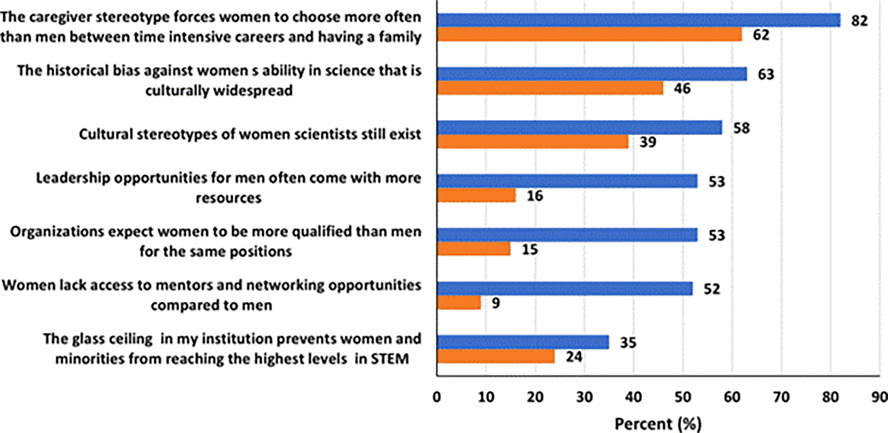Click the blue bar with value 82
tap(638, 20)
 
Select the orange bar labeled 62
tap(589, 35)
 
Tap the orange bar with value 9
tap(459, 303)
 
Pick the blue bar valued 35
tap(523, 342)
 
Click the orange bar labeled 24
tap(496, 356)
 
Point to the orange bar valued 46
tap(550, 88)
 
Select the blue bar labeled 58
tap(579, 128)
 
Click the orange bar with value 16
tap(476, 196)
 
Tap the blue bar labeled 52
tap(565, 288)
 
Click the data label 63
tap(766, 74)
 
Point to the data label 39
tap(647, 142)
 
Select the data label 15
tap(530, 250)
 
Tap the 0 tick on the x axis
tap(437, 397)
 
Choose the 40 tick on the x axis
tap(634, 397)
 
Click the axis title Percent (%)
tap(658, 424)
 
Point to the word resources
tap(228, 198)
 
